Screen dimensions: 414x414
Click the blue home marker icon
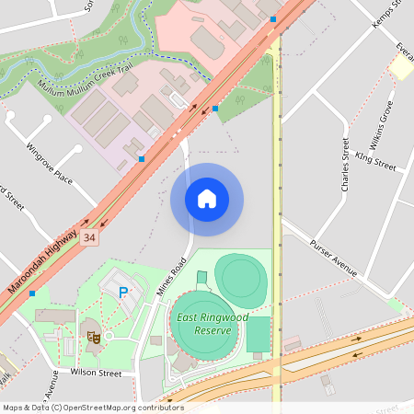point(207,199)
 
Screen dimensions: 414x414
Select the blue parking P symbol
point(123,292)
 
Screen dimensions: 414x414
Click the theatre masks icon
point(92,337)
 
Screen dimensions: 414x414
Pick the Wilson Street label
point(96,374)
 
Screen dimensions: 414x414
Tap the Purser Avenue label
point(332,259)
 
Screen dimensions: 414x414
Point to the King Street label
point(374,163)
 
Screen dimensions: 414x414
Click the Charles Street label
point(345,166)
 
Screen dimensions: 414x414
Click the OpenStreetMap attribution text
point(92,408)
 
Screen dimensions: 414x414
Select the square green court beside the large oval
point(259,334)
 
